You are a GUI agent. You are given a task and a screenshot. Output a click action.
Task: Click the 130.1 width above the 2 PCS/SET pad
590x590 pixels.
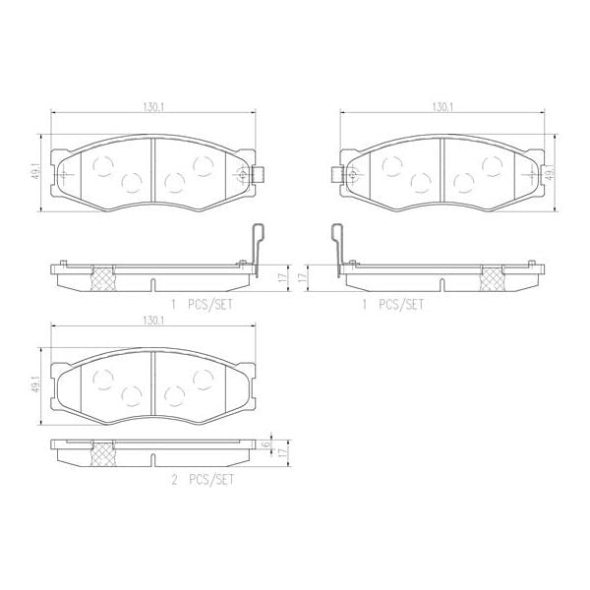click(x=152, y=321)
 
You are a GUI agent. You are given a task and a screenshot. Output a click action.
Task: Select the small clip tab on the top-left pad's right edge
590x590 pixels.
click(x=262, y=177)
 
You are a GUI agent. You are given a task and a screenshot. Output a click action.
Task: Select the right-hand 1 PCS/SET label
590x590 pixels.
click(x=393, y=305)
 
